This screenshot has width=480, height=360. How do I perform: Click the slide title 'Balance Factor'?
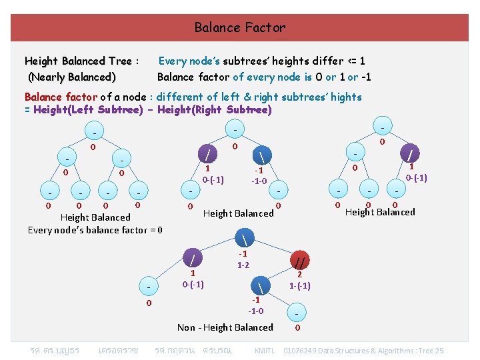pyautogui.click(x=239, y=27)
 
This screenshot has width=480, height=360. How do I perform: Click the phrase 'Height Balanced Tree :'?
pyautogui.click(x=81, y=61)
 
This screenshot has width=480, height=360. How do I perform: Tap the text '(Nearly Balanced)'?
pyautogui.click(x=72, y=77)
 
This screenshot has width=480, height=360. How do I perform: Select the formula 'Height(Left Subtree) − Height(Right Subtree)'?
pyautogui.click(x=152, y=110)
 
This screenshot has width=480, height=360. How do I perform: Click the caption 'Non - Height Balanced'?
pyautogui.click(x=225, y=327)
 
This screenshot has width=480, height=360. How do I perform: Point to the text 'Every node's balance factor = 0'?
pyautogui.click(x=95, y=230)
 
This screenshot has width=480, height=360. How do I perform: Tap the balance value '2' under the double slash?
pyautogui.click(x=300, y=274)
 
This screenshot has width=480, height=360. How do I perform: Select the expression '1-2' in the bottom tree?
pyautogui.click(x=243, y=265)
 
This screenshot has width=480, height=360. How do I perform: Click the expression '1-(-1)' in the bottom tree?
pyautogui.click(x=300, y=285)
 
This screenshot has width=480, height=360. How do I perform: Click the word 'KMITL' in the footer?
pyautogui.click(x=265, y=351)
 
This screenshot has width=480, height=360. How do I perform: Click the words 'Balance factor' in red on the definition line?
pyautogui.click(x=61, y=97)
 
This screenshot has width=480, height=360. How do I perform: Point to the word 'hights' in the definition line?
pyautogui.click(x=346, y=97)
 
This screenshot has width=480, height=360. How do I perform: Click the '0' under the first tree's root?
pyautogui.click(x=93, y=146)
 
